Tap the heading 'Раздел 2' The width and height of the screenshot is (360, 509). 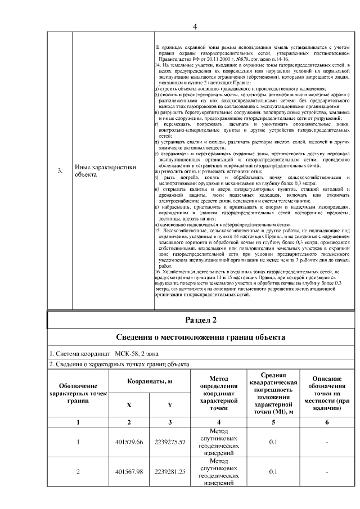click(201, 320)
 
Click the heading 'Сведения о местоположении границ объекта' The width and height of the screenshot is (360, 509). click(201, 337)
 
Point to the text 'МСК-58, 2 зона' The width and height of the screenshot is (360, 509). click(137, 354)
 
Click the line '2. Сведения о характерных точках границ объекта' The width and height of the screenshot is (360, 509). click(119, 364)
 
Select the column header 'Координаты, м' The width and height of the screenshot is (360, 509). click(149, 381)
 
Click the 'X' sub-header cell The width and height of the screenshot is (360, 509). click(129, 405)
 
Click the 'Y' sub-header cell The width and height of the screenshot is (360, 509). click(170, 405)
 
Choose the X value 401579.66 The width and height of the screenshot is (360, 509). click(129, 442)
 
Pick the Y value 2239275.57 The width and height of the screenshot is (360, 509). click(170, 442)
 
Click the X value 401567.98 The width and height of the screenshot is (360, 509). click(129, 471)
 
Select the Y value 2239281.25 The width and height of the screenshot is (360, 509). click(170, 471)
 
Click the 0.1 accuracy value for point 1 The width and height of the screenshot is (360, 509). click(273, 442)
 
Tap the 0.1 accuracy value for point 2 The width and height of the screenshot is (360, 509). click(273, 471)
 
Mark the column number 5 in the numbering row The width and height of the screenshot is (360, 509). click(273, 422)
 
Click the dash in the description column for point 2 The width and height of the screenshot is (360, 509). click(327, 471)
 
